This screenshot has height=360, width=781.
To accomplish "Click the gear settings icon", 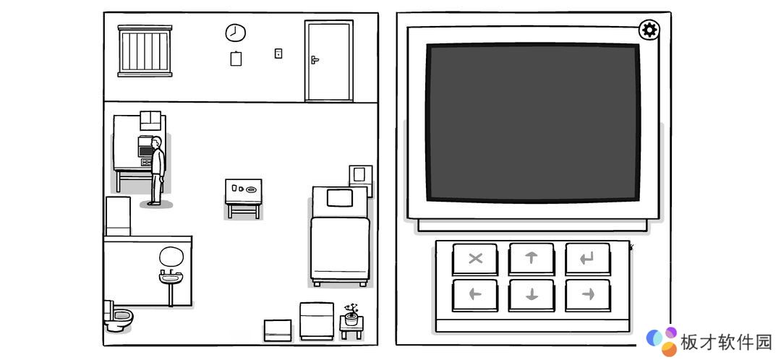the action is [649, 30].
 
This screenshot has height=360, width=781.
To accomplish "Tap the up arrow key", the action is [531, 258].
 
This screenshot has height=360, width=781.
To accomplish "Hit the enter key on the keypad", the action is [588, 258].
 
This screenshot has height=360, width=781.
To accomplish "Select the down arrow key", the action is [531, 295].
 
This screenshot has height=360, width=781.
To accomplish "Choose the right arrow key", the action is [588, 295].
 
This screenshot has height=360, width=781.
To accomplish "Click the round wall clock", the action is [236, 33].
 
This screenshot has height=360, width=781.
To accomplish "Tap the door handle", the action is [315, 60].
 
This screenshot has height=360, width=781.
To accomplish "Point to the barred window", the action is [145, 51].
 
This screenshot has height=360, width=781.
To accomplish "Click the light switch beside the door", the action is [278, 53].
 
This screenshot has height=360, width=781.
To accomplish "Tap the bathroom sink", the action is [171, 277].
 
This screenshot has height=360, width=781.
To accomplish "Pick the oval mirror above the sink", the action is [171, 256].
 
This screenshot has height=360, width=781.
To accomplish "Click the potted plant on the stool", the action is [351, 315].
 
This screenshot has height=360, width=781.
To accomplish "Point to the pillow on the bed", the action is [340, 197].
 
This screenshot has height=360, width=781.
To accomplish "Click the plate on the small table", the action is [252, 189].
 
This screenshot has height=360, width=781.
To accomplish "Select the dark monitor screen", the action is [532, 122].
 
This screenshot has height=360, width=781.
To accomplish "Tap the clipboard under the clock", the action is [236, 59].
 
